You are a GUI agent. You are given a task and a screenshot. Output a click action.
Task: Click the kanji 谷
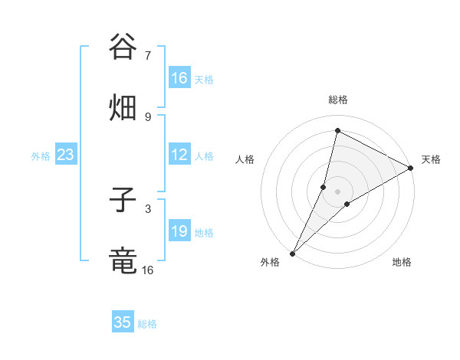[x=123, y=47]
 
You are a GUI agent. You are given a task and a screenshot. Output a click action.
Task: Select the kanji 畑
[x=123, y=108]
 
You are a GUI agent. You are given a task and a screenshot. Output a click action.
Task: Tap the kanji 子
[x=123, y=200]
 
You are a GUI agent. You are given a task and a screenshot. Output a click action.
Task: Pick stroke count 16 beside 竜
[x=147, y=270]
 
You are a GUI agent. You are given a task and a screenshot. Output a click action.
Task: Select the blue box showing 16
[x=179, y=78]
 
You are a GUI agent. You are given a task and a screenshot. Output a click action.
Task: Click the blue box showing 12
[x=179, y=155]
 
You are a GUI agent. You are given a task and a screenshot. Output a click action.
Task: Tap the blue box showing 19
[x=179, y=231]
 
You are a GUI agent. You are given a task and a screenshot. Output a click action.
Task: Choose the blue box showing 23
[x=65, y=155]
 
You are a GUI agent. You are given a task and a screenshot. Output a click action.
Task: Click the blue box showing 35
[x=123, y=322]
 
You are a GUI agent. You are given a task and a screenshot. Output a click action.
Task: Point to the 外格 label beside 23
[x=41, y=155]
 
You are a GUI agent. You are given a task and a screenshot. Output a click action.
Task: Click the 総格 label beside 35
[x=147, y=323]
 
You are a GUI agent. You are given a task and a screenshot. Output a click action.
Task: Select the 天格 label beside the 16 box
[x=204, y=79]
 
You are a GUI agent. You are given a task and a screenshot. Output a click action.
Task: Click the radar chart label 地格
[x=402, y=262]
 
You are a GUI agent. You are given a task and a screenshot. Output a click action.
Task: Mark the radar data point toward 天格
[x=411, y=168]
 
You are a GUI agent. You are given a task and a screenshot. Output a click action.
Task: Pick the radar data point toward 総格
[x=337, y=130]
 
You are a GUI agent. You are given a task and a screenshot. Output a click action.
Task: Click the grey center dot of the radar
[x=337, y=191]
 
